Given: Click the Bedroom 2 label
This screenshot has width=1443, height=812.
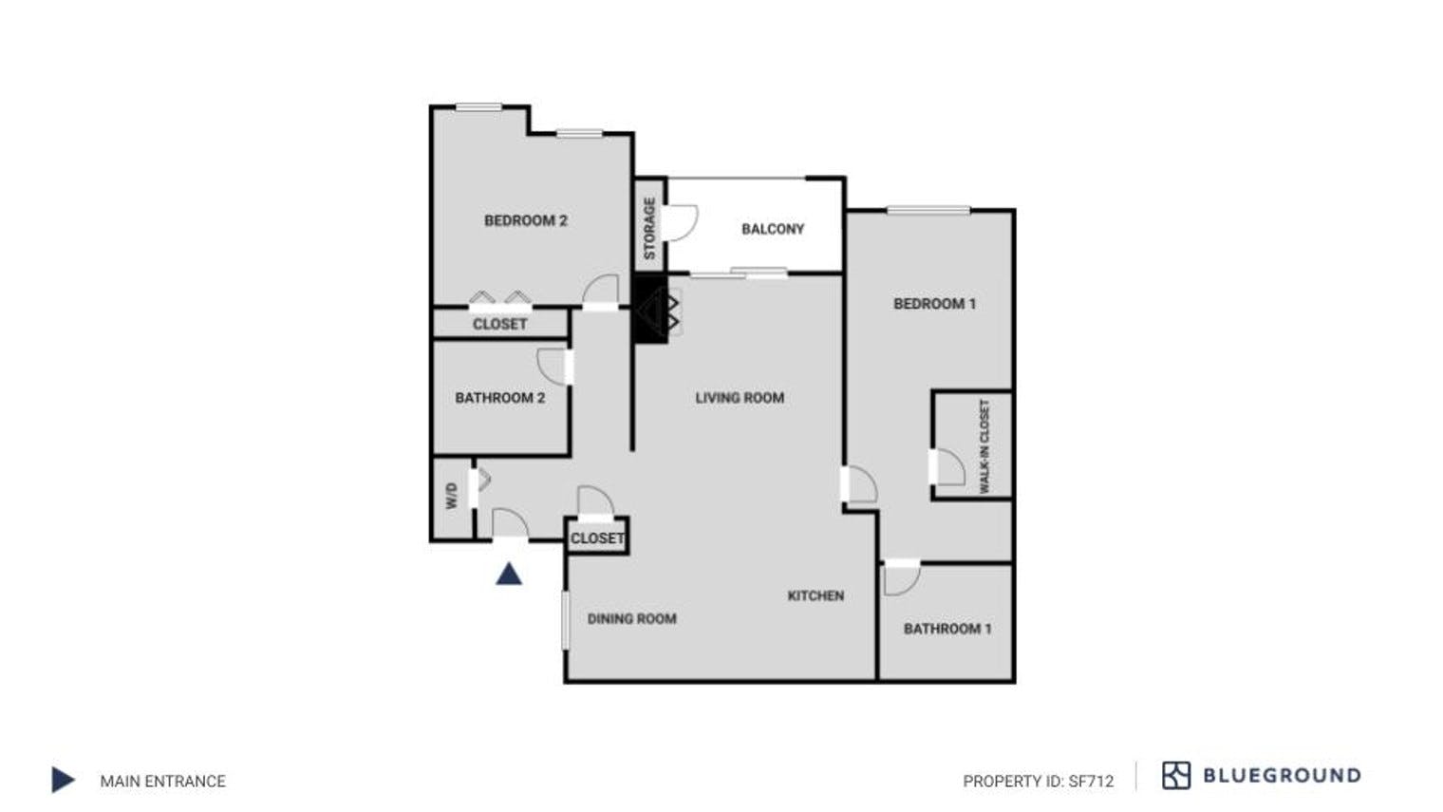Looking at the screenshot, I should pyautogui.click(x=525, y=221).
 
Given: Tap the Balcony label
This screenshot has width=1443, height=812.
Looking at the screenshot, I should pyautogui.click(x=772, y=229).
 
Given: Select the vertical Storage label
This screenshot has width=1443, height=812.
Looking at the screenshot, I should pyautogui.click(x=649, y=228).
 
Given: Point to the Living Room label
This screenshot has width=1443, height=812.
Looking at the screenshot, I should pyautogui.click(x=740, y=398).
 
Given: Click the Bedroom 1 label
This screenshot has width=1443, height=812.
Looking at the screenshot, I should pyautogui.click(x=934, y=304).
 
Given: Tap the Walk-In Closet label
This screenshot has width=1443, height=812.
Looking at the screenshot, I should pyautogui.click(x=984, y=445).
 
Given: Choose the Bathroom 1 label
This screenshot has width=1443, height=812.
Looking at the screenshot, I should pyautogui.click(x=946, y=629).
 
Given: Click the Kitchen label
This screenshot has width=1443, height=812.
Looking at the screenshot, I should pyautogui.click(x=815, y=595).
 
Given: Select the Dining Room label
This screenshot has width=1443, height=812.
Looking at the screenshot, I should pyautogui.click(x=631, y=619).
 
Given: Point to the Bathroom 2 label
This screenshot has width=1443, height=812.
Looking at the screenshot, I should pyautogui.click(x=499, y=398).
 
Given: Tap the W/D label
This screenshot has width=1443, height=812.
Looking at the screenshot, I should pyautogui.click(x=451, y=496).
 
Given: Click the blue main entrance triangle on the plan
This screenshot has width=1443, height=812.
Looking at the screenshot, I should pyautogui.click(x=509, y=574).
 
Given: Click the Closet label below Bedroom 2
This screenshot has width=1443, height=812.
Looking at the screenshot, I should pyautogui.click(x=499, y=324).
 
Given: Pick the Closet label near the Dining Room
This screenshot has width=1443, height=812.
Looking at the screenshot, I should pyautogui.click(x=597, y=538).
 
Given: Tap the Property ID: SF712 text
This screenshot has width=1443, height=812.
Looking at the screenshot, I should pyautogui.click(x=1038, y=782).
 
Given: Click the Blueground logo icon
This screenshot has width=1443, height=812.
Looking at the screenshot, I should pyautogui.click(x=1175, y=776).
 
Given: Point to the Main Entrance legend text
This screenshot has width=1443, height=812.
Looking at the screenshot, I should pyautogui.click(x=162, y=782).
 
